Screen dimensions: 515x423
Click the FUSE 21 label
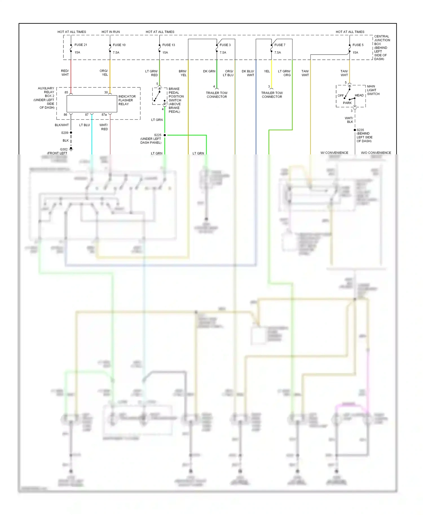[x=81, y=45]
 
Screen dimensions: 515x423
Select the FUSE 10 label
[x=119, y=45]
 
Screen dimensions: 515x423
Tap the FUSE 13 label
[x=169, y=45]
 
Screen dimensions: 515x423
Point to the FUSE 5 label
[x=358, y=45]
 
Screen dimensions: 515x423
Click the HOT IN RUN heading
[x=111, y=32]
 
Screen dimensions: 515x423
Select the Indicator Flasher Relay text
[x=127, y=100]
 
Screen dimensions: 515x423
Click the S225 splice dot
[x=165, y=135]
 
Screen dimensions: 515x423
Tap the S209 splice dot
[x=71, y=133]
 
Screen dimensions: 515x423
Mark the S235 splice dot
[x=355, y=130]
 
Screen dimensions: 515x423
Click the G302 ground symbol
[x=71, y=149]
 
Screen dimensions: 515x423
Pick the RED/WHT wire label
[x=65, y=73]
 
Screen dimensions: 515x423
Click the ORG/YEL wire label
[x=104, y=73]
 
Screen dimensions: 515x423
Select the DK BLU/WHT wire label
[x=248, y=73]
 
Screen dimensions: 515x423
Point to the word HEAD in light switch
[x=359, y=95]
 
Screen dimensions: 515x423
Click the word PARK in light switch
[x=347, y=103]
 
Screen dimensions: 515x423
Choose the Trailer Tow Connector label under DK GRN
[x=217, y=95]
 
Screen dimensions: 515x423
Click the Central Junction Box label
[x=382, y=47]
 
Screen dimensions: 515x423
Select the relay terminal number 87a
[x=104, y=115]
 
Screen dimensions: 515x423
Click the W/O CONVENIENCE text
[x=376, y=153]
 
